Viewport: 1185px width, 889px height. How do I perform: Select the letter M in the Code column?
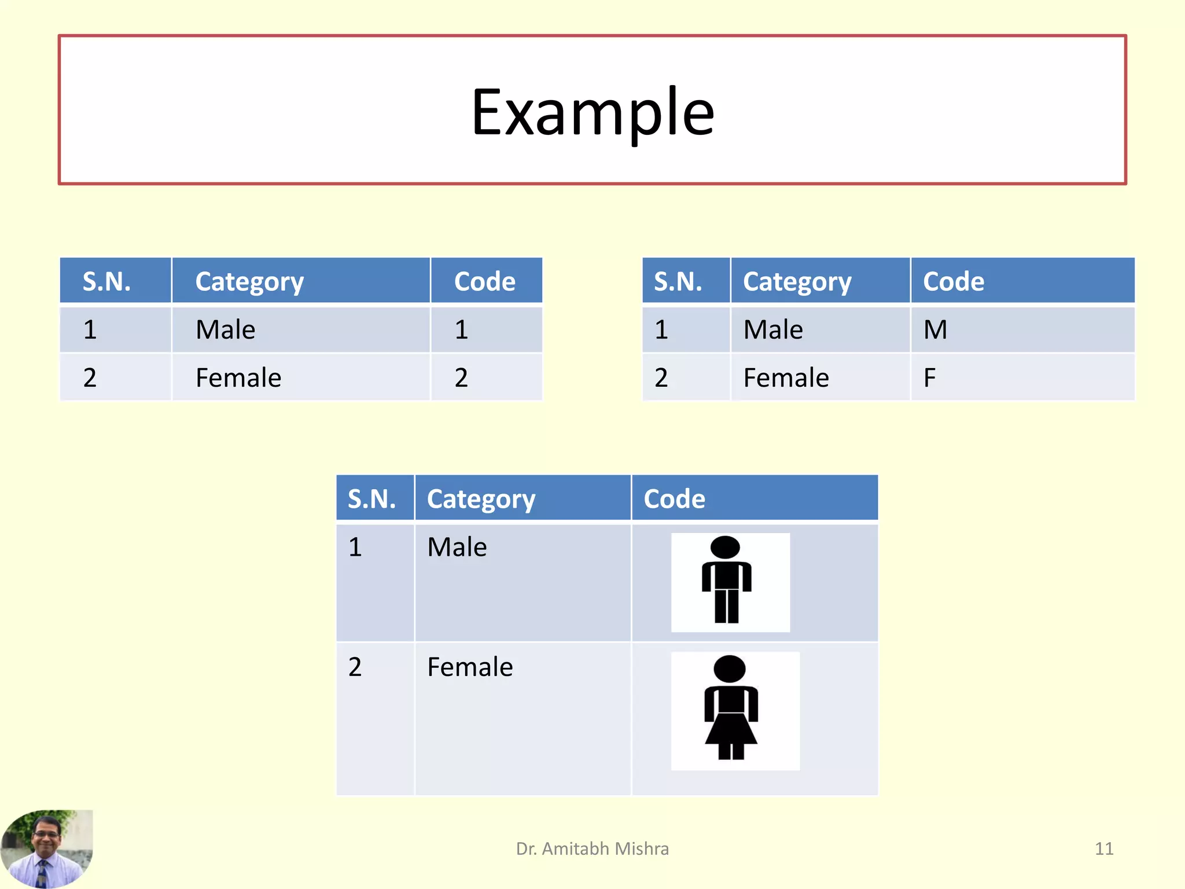[x=935, y=330]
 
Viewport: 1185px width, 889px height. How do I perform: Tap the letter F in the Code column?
[x=929, y=378]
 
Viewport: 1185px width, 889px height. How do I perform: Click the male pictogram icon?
[x=727, y=581]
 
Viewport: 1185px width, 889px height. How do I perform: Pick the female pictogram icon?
[x=731, y=708]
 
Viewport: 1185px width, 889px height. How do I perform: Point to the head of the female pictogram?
[x=730, y=669]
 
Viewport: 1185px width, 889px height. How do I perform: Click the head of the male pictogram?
[x=725, y=548]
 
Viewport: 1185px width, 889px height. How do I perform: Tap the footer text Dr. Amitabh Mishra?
[x=592, y=848]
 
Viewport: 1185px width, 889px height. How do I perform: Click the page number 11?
[x=1104, y=848]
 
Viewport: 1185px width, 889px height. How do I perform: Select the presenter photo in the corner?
[x=46, y=848]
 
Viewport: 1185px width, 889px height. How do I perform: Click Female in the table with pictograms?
[x=470, y=667]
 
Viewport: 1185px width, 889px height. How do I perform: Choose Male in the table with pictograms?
[x=457, y=547]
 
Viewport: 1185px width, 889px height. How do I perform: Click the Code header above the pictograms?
[x=675, y=499]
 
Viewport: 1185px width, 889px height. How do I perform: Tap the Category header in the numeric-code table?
[x=249, y=282]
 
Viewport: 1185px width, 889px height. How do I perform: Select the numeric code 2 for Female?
[x=461, y=378]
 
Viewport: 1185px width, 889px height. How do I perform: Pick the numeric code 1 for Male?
[x=461, y=330]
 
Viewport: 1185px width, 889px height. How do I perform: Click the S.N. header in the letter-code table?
[x=678, y=282]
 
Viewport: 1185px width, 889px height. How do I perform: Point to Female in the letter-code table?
[x=786, y=378]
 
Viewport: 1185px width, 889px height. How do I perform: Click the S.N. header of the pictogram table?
[x=371, y=499]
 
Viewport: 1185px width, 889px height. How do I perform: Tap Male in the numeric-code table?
[x=225, y=330]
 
